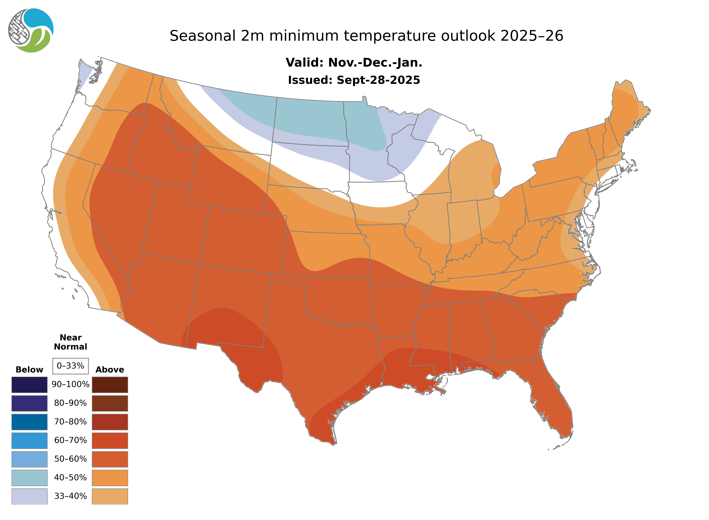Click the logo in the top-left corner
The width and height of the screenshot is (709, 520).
tap(31, 31)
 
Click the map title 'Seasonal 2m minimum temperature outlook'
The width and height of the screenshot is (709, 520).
tap(366, 36)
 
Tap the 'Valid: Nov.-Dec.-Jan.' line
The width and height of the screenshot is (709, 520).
tap(354, 63)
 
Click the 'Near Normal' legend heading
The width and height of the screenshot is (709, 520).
tap(70, 342)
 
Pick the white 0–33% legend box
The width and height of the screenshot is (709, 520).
tap(70, 366)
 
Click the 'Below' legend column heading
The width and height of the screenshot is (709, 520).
tap(29, 370)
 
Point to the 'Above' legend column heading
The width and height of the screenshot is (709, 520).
tap(110, 370)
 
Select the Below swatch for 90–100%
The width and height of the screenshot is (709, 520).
tap(29, 385)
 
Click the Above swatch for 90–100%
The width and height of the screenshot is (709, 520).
tap(110, 385)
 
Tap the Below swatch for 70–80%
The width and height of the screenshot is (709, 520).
tap(29, 422)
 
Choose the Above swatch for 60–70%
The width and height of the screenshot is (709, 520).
tap(110, 440)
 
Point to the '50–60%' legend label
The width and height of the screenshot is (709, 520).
tap(70, 459)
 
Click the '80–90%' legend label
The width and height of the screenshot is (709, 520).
tap(70, 403)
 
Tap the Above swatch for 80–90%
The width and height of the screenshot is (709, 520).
tap(110, 403)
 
